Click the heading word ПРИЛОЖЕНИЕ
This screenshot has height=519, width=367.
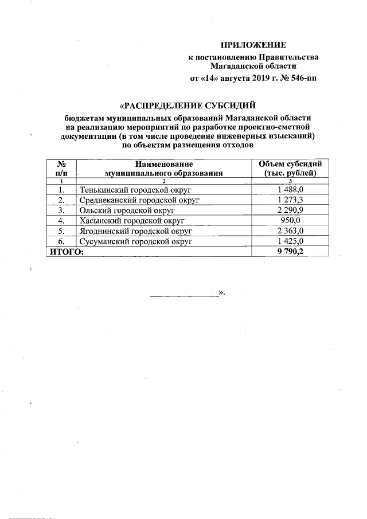253,45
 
